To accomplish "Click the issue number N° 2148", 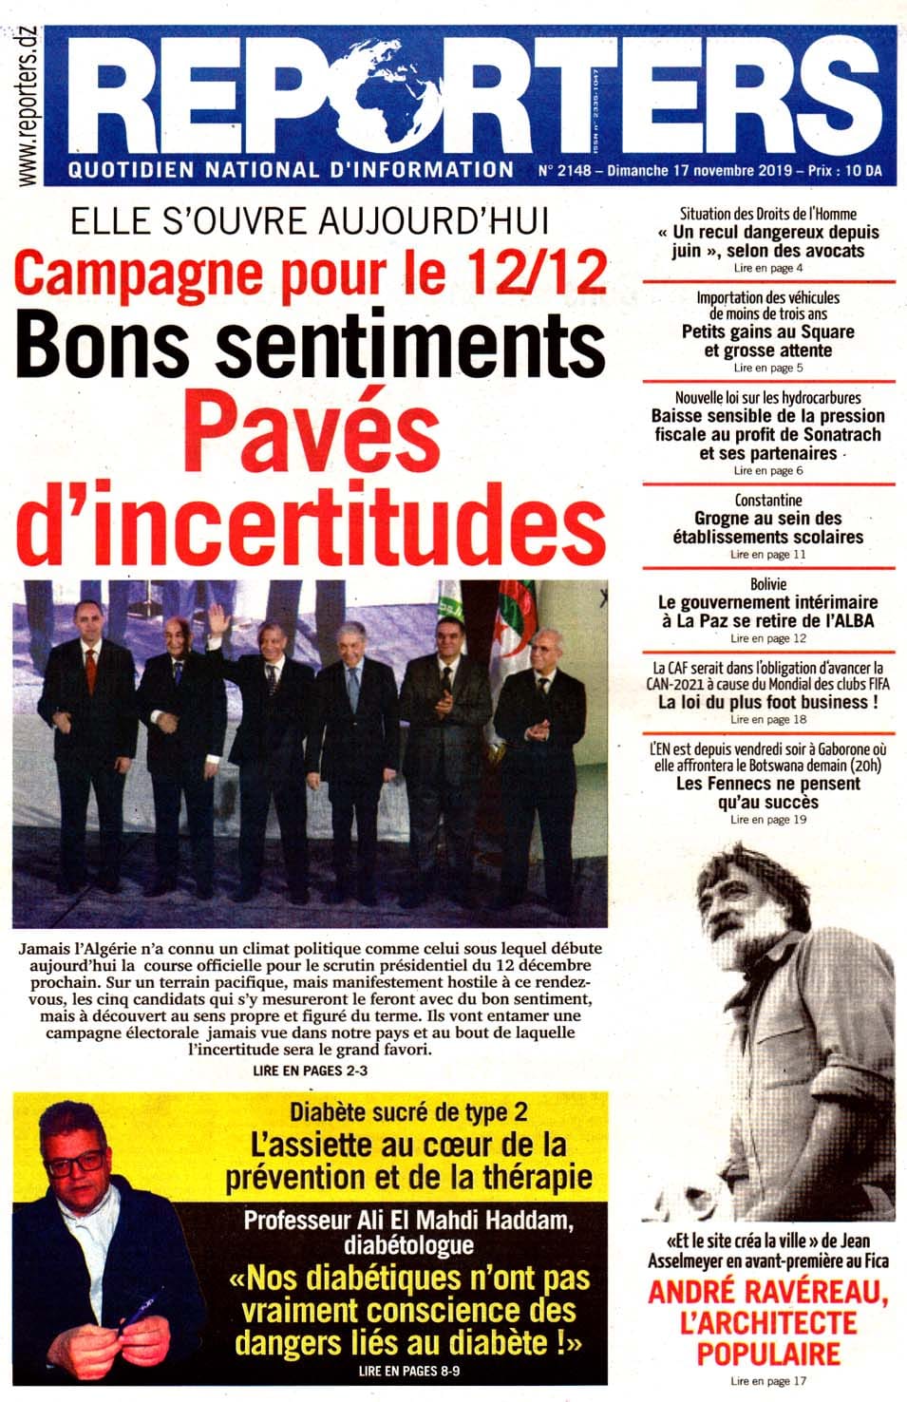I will pos(564,171).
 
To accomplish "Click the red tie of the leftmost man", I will pos(90,670).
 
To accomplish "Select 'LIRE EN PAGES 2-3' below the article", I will pos(311,1070).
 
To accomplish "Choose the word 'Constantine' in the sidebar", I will pos(768,500).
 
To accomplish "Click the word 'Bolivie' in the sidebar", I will pos(768,584).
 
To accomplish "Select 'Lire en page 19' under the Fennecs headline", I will pos(768,819).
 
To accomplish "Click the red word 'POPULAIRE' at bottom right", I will pos(768,1353).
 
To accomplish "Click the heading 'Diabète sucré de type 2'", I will pos(408,1111).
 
